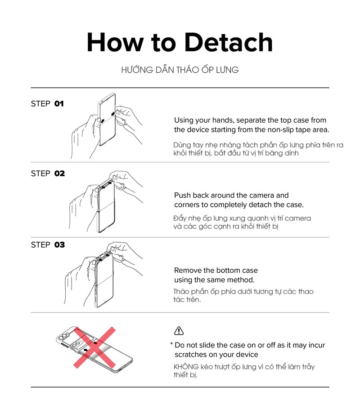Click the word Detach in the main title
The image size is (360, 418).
click(229, 42)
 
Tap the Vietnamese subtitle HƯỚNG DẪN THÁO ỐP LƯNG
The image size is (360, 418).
click(180, 70)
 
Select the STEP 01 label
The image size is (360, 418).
click(47, 104)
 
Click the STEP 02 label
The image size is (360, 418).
click(48, 173)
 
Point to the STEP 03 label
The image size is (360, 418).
click(48, 245)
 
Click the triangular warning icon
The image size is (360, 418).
click(179, 331)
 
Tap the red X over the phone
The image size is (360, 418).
click(94, 347)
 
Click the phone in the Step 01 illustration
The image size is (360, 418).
click(107, 120)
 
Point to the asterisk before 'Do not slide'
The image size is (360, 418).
click(171, 344)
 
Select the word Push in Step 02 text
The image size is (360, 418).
click(182, 196)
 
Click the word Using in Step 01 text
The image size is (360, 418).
click(184, 120)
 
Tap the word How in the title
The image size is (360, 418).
click(115, 42)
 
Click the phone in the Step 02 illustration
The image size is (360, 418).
click(106, 206)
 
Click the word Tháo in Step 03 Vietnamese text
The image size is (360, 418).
click(182, 291)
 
